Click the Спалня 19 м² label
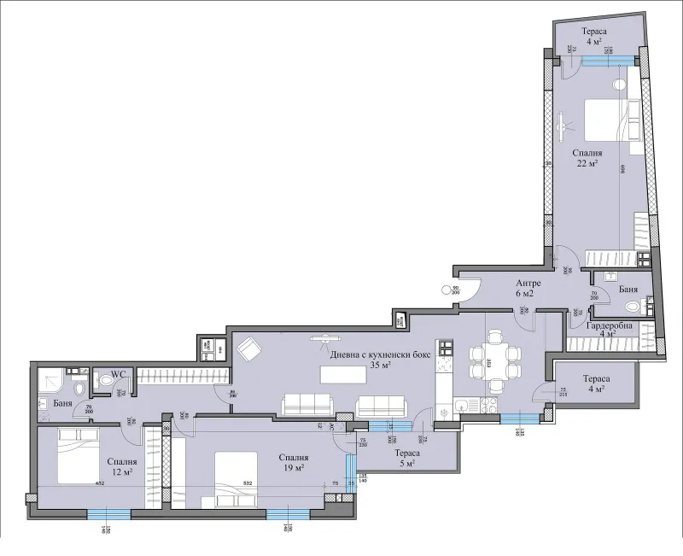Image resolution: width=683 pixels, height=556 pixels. tap(294, 462)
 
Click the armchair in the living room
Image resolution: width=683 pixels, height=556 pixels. tap(249, 350)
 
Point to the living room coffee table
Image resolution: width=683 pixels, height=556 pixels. tap(338, 375)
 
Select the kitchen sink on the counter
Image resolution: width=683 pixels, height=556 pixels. tap(462, 406)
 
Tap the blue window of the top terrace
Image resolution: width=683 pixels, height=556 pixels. tap(606, 59)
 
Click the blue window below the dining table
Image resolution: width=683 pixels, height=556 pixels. tap(518, 418)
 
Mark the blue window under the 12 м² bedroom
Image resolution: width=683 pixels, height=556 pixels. tap(108, 513)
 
